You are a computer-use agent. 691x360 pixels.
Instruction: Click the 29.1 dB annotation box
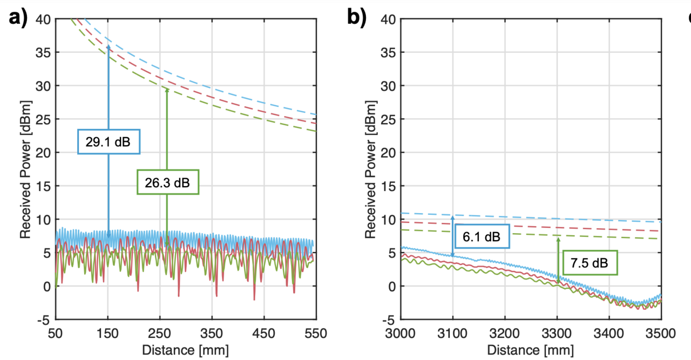tap(109, 142)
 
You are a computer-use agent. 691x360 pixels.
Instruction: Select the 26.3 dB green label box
tap(167, 182)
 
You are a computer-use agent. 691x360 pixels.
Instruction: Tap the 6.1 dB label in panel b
tap(481, 236)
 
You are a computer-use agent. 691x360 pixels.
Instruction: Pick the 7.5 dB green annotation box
tap(590, 263)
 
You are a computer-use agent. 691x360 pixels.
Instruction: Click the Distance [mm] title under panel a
tap(185, 349)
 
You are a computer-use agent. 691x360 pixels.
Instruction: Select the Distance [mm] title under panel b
tap(530, 349)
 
